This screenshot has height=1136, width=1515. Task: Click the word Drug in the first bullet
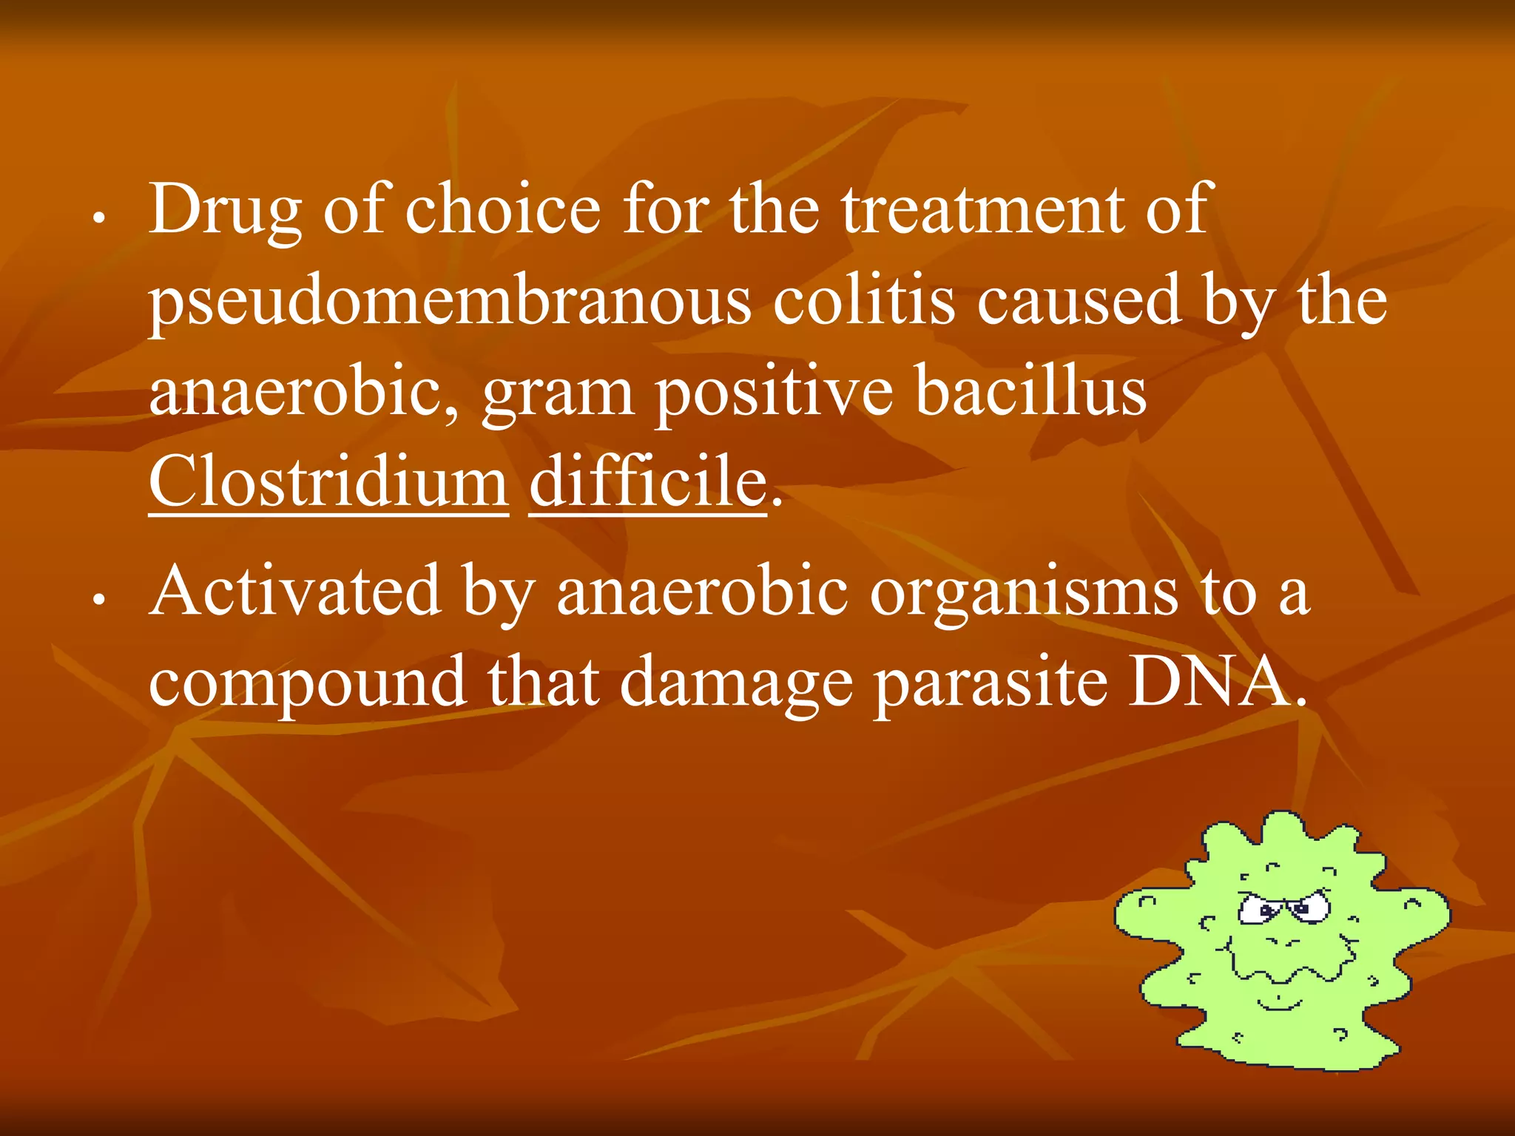[x=224, y=211]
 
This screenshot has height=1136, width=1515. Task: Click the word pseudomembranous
[x=449, y=302]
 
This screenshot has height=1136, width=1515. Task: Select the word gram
[x=558, y=394]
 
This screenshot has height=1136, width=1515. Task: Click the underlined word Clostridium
[x=328, y=481]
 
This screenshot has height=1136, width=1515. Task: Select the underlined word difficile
[x=648, y=481]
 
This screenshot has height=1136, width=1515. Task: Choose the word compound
[x=307, y=683]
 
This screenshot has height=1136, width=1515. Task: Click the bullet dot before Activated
[x=98, y=601]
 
